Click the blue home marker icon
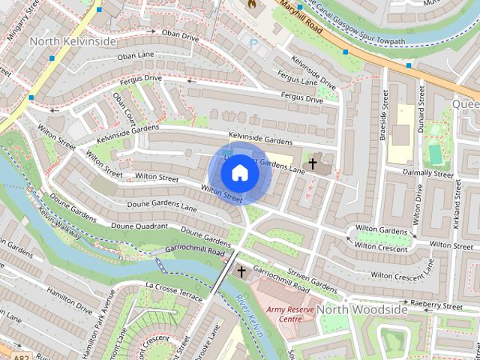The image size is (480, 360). pos(240,173)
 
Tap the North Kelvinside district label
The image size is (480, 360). pos(73,41)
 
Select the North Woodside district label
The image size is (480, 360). pos(361,309)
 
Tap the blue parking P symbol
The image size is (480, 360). pos(253,44)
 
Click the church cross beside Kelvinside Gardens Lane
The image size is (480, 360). pos(311,163)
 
